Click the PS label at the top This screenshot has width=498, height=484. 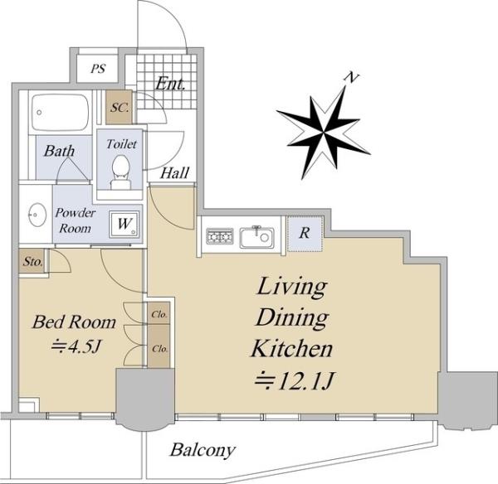click(98, 69)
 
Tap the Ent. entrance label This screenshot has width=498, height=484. click(170, 84)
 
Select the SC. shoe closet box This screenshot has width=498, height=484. click(119, 107)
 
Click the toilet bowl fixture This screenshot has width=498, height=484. click(120, 172)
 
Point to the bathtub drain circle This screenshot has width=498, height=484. click(39, 112)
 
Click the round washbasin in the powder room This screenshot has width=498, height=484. click(37, 215)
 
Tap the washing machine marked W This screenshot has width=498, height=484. click(124, 224)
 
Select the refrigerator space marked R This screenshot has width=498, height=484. click(305, 234)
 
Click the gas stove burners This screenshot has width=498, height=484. click(219, 236)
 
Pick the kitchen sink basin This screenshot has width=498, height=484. click(256, 237)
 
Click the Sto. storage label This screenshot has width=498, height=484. click(32, 262)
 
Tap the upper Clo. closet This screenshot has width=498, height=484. click(159, 313)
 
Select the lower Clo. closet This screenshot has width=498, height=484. click(159, 347)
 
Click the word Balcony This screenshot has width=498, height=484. click(203, 450)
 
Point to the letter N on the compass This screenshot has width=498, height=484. click(352, 78)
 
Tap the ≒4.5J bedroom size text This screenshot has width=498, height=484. click(76, 346)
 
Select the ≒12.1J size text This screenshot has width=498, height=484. click(295, 381)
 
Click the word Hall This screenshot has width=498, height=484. click(174, 173)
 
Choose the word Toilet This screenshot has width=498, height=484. click(121, 144)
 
